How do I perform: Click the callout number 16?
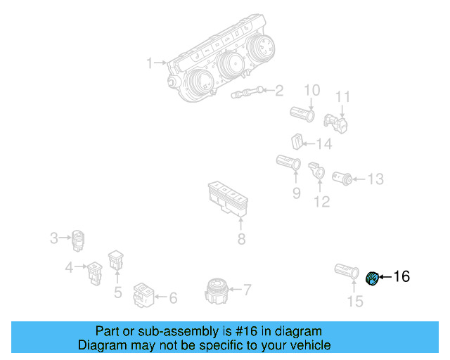pos(401,276)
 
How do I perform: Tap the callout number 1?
pos(149,63)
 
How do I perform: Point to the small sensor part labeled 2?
pos(247,92)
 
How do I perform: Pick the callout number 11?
pos(342,96)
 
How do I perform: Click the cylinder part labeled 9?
pos(289,163)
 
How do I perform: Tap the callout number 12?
pos(321,202)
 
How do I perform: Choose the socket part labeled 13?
pos(344,177)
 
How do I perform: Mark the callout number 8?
pos(241,240)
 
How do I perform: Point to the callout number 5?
pos(117,291)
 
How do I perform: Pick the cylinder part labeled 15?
pos(347,271)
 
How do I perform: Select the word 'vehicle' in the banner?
pos(307,345)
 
